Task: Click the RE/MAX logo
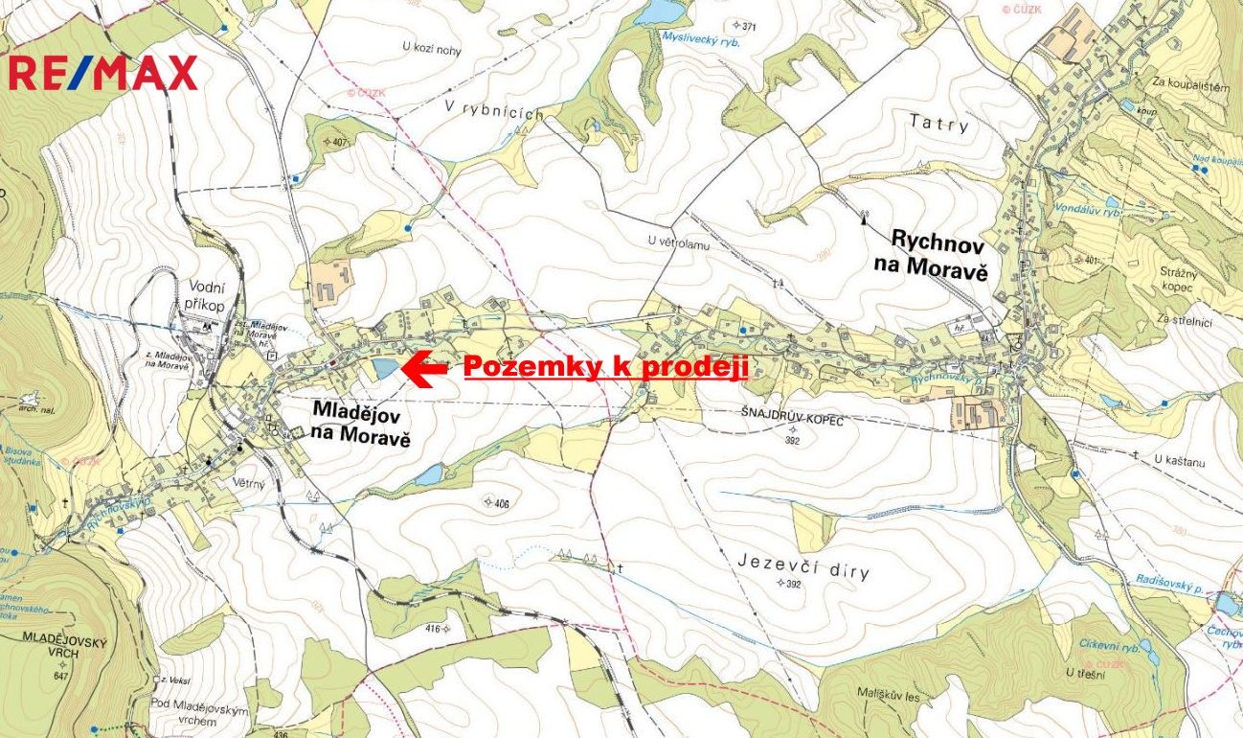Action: [x=102, y=73]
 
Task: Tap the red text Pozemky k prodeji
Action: [x=605, y=367]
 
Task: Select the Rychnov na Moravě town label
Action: [x=938, y=254]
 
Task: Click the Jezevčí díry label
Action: [x=804, y=566]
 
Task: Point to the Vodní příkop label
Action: [x=206, y=292]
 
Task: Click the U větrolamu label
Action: [x=678, y=242]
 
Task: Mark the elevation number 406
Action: [x=501, y=502]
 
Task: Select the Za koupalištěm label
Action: [x=1191, y=85]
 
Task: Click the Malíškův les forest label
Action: [x=888, y=697]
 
